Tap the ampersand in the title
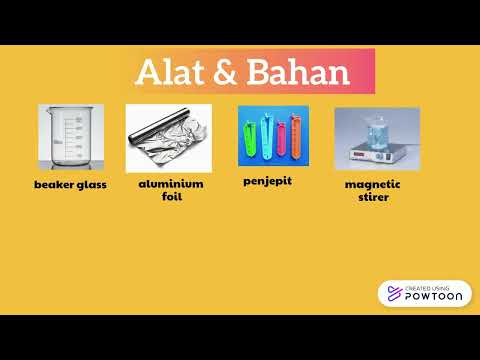tap(225, 72)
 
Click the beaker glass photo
tap(70, 138)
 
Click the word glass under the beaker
tap(93, 185)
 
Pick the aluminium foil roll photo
tap(168, 138)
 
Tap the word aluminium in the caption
tap(170, 185)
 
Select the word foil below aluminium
tap(171, 197)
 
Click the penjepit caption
tap(267, 182)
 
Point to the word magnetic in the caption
tap(373, 185)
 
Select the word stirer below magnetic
tap(373, 197)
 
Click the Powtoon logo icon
tap(393, 293)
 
